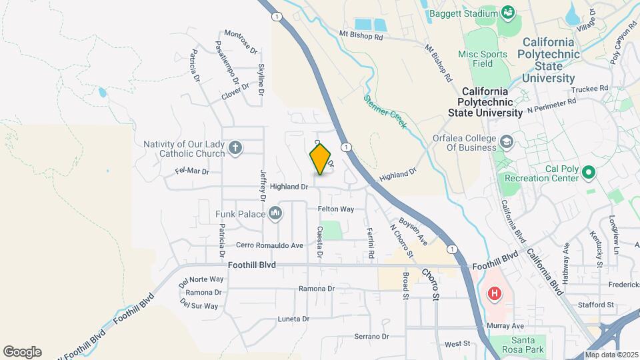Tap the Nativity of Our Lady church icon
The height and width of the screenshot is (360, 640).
(235, 148)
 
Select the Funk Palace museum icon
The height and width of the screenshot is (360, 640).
(276, 213)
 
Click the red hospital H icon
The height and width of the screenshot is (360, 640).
(494, 293)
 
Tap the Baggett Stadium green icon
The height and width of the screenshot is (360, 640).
(509, 12)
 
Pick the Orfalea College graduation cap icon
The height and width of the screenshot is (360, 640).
(507, 141)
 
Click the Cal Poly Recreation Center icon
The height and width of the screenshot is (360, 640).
(588, 173)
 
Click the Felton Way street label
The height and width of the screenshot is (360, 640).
(335, 209)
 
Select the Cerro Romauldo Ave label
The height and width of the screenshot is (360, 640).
(269, 245)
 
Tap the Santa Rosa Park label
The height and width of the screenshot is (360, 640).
(523, 345)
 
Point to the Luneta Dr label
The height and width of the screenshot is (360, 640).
(293, 319)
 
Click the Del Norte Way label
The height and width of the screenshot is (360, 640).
(201, 279)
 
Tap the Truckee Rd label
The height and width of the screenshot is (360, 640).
(590, 88)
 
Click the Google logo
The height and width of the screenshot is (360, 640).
(22, 352)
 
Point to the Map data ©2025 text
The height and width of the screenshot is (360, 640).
(611, 355)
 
